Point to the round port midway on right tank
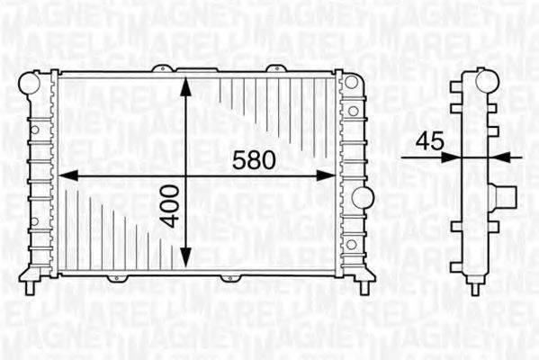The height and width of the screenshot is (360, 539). click(x=360, y=197)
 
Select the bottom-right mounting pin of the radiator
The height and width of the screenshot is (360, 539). click(x=364, y=287)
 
